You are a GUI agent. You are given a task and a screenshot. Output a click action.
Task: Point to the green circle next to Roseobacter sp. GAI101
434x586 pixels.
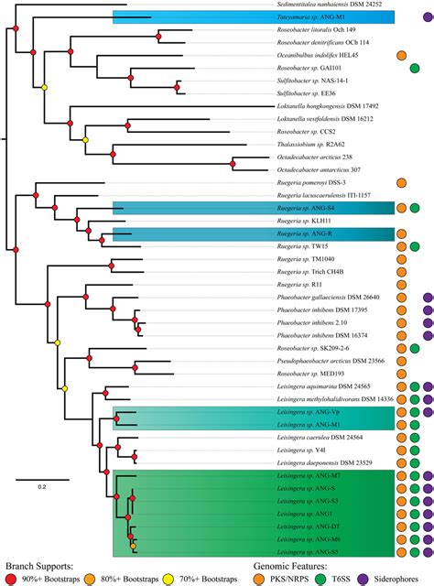click(x=415, y=68)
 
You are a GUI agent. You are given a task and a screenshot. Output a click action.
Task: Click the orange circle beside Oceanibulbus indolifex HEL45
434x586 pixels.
click(x=402, y=55)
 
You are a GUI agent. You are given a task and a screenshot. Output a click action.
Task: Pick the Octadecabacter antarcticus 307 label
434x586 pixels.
click(x=331, y=169)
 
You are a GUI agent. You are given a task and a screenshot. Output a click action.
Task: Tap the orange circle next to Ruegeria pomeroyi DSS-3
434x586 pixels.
click(x=402, y=182)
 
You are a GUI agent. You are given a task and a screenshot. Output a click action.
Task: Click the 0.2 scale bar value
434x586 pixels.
click(x=41, y=486)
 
